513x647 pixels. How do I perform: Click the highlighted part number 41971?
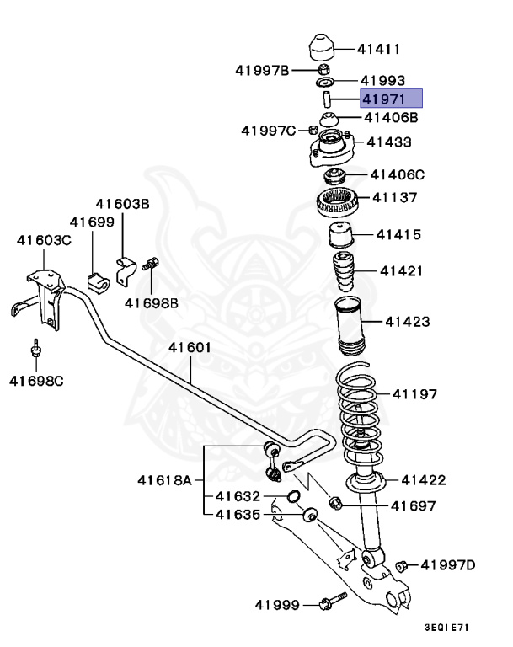[391, 99]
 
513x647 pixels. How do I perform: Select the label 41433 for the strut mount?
[389, 142]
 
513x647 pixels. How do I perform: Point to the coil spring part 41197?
[359, 404]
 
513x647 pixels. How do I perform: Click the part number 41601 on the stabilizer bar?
[189, 347]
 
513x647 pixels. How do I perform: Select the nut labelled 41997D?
[402, 565]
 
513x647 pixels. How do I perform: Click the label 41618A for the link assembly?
[164, 481]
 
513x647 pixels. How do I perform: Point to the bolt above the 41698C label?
[37, 350]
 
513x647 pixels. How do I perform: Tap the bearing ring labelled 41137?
[337, 202]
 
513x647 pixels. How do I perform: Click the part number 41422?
[423, 480]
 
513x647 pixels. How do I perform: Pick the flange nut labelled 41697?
[334, 504]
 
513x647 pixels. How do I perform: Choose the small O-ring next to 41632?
[291, 496]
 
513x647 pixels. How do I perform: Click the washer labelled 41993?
[325, 83]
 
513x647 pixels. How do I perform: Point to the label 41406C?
[398, 175]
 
